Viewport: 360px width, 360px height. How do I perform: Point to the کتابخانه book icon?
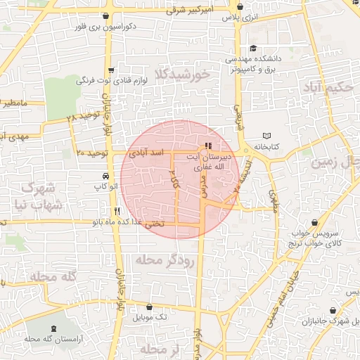(266, 136)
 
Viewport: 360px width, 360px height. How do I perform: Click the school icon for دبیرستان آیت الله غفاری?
(207, 147)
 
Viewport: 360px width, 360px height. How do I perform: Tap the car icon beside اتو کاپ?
(105, 176)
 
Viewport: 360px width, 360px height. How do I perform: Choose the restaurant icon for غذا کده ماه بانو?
(117, 210)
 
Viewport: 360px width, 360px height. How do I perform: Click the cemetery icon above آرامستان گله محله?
(56, 329)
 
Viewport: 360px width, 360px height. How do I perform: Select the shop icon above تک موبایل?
(149, 307)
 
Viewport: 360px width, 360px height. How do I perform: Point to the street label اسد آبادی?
(147, 153)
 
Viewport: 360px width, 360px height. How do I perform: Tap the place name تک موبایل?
(153, 318)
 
